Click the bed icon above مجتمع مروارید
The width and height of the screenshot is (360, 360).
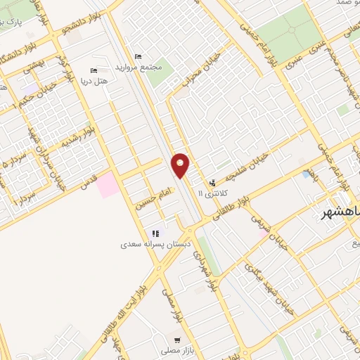tap(138, 56)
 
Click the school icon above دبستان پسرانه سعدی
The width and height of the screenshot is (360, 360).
tap(155, 234)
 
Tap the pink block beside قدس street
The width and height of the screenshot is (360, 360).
tap(108, 185)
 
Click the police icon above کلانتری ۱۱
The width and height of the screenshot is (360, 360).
tap(213, 183)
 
